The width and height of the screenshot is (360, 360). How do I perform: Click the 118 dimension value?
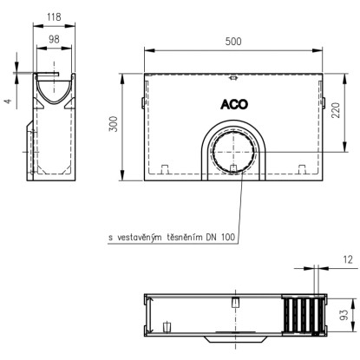click(x=54, y=17)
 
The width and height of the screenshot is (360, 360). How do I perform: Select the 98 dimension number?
click(x=54, y=39)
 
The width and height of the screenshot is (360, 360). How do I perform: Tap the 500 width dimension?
click(x=233, y=42)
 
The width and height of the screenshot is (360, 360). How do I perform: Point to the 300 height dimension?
click(x=114, y=124)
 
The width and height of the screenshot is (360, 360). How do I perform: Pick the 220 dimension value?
click(x=336, y=110)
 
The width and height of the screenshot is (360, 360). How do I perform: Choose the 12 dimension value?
click(x=348, y=260)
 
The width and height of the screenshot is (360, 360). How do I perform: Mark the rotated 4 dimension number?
click(x=9, y=101)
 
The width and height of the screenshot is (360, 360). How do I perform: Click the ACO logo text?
click(x=234, y=104)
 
